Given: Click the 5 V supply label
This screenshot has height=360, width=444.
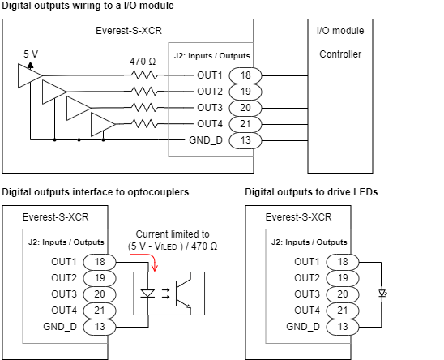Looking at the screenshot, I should tap(31, 54).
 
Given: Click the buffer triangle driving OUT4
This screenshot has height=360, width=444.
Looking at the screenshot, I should tap(104, 124).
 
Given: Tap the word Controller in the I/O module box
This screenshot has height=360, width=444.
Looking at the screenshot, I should tap(340, 54).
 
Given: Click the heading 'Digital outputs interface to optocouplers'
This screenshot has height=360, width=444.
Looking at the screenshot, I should tap(96, 192).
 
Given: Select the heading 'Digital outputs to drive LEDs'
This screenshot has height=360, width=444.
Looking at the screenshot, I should tap(311, 192).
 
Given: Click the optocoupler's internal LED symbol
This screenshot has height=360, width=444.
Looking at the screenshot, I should tap(149, 294).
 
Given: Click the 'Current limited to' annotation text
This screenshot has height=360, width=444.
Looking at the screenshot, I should tap(171, 234).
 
